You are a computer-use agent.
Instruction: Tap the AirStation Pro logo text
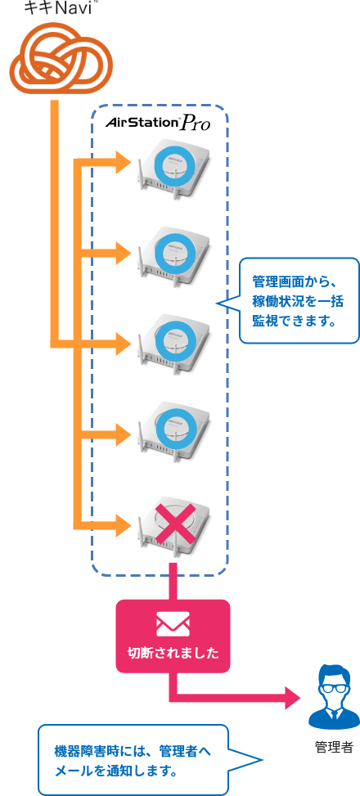click(x=158, y=124)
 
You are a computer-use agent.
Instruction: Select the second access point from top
click(x=173, y=256)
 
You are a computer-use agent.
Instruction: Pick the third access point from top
click(x=173, y=344)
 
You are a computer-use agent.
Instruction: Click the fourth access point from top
click(x=173, y=431)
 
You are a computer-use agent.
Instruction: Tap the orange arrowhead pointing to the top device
click(x=124, y=162)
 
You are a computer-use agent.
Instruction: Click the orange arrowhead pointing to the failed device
click(x=124, y=525)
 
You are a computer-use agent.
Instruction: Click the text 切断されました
click(x=173, y=653)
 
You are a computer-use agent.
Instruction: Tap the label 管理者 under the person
click(x=333, y=747)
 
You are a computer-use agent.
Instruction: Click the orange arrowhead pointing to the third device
click(x=124, y=344)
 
